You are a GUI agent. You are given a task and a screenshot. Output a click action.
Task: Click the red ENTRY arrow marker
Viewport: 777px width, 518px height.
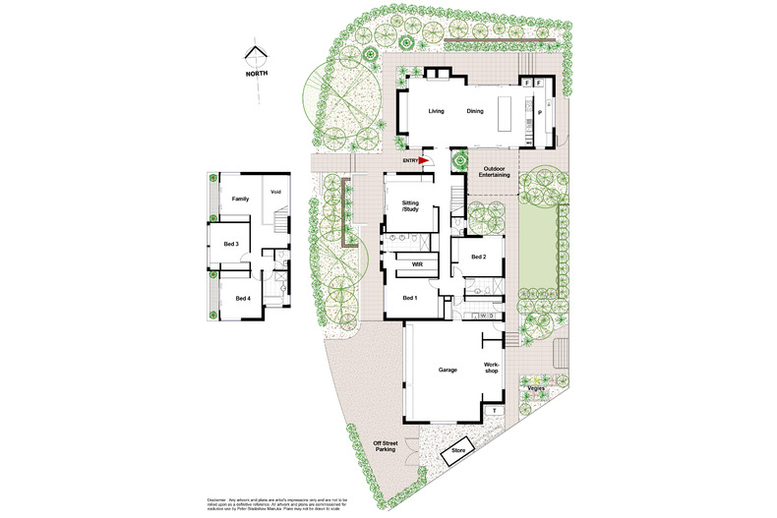point(425,159)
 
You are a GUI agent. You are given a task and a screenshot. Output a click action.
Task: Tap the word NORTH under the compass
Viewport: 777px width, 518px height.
point(258,74)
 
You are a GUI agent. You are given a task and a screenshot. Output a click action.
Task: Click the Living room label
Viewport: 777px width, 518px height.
point(437,111)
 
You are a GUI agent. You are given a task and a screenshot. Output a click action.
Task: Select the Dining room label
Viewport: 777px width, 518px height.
point(475,111)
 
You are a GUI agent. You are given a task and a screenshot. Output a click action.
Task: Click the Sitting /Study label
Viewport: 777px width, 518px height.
point(410,206)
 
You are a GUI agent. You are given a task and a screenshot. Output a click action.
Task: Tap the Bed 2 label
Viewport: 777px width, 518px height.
point(479,257)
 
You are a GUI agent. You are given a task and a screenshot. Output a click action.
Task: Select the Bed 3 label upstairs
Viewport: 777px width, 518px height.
point(231,244)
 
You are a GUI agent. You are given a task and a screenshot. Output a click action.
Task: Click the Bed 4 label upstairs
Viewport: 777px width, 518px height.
point(242,298)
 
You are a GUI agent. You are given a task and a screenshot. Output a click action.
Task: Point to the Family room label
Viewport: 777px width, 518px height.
point(240,199)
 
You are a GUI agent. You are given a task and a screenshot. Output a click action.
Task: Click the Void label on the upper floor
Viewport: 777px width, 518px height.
point(276,192)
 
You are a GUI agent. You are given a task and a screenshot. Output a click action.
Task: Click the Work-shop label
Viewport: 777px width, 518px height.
point(492,368)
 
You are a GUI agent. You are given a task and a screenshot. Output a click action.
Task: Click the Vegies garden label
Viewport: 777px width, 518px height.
point(536,388)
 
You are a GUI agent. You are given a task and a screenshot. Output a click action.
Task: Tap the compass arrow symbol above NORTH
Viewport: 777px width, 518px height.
point(258,55)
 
